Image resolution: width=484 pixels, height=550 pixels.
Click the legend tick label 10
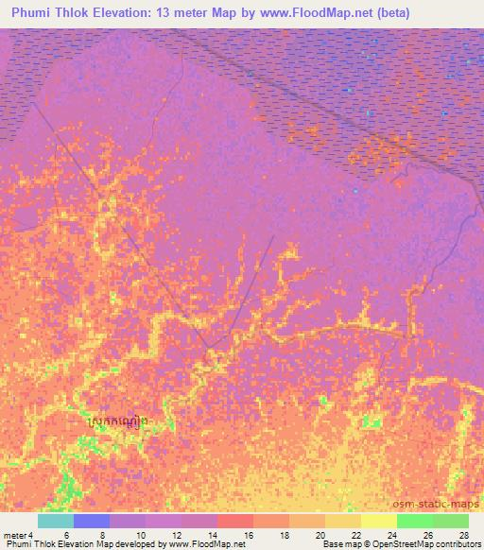pos(142,535)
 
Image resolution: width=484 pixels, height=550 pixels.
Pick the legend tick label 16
pos(249,535)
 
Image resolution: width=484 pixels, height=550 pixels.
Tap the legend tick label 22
pos(356,535)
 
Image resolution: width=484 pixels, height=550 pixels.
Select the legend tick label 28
pos(463,535)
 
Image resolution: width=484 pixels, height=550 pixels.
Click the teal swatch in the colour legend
pos(56,521)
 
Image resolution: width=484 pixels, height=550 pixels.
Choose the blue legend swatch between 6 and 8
pos(92,521)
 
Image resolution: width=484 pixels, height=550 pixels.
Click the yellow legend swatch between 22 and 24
pos(378,521)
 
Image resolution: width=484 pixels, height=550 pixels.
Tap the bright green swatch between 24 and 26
pos(414,521)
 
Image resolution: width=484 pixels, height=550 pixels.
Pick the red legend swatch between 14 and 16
pos(234,521)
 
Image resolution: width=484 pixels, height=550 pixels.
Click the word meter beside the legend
pos(15,535)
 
